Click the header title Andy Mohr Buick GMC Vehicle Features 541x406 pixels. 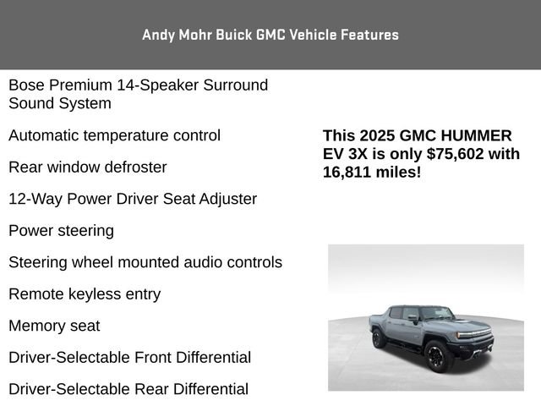pyautogui.click(x=270, y=35)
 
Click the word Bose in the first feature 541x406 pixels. pyautogui.click(x=25, y=85)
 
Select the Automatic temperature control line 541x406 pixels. pyautogui.click(x=114, y=135)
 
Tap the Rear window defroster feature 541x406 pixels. pyautogui.click(x=87, y=167)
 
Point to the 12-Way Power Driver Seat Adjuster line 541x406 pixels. pyautogui.click(x=133, y=200)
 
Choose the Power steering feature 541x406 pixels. pyautogui.click(x=61, y=231)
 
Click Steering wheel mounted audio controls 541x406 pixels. pyautogui.click(x=145, y=262)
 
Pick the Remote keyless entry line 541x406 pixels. pyautogui.click(x=85, y=294)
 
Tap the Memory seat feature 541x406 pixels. pyautogui.click(x=54, y=326)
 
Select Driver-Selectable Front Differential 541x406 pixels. pyautogui.click(x=129, y=358)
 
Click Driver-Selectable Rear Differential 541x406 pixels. pyautogui.click(x=128, y=389)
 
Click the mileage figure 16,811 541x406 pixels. pyautogui.click(x=348, y=173)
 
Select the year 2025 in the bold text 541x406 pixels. pyautogui.click(x=375, y=135)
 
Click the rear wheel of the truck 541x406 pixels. pyautogui.click(x=377, y=339)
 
